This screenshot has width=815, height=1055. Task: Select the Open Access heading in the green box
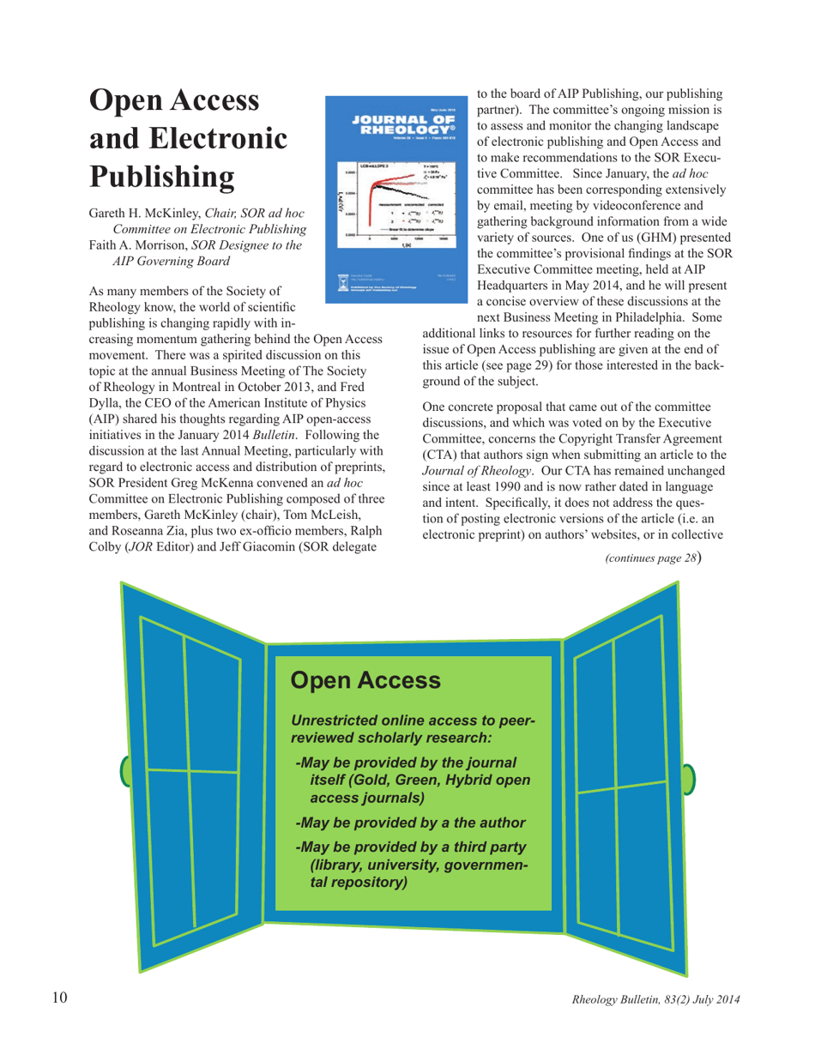[x=366, y=680]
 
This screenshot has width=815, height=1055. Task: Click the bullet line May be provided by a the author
[x=409, y=823]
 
